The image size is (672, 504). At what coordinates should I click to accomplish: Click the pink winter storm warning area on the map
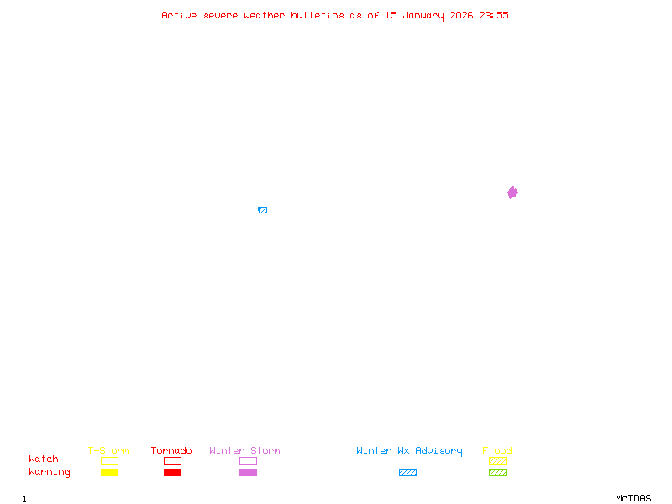tap(512, 192)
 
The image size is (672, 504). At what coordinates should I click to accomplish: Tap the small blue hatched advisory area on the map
tap(262, 210)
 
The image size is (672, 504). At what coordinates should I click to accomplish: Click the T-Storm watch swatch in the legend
tap(109, 460)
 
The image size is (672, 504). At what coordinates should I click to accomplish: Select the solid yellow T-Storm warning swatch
tap(109, 472)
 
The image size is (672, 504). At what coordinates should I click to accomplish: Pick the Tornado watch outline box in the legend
tap(172, 460)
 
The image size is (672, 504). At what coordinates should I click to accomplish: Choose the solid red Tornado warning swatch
tap(172, 472)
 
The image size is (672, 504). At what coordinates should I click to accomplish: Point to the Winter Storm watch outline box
tap(248, 460)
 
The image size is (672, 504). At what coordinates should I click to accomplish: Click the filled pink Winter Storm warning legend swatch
tap(248, 472)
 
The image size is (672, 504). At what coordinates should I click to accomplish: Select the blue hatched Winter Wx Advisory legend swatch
tap(407, 472)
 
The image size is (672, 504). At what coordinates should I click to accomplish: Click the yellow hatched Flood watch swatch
tap(497, 460)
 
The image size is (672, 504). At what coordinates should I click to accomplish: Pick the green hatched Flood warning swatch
tap(497, 472)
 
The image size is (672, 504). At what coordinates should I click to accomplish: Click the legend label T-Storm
tap(108, 450)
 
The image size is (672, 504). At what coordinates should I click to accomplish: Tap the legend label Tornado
tap(171, 450)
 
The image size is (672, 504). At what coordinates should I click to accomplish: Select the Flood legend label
tap(497, 450)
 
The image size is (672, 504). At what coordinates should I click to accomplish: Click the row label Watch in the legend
tap(44, 459)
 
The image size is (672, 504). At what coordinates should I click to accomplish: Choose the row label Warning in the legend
tap(50, 472)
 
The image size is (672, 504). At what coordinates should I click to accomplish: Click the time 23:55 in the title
tap(494, 15)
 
